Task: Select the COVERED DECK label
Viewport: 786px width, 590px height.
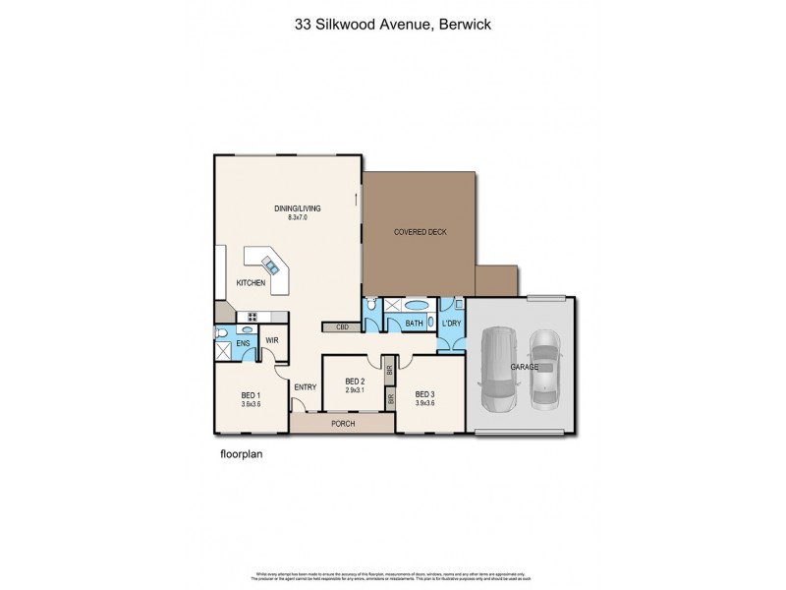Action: coord(420,231)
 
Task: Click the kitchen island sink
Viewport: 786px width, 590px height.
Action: coord(269,263)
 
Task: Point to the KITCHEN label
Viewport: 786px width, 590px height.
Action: coord(251,283)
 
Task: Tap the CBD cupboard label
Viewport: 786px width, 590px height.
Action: coord(343,326)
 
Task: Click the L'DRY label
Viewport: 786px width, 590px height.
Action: coord(451,324)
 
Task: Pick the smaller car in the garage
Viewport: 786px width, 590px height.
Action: coord(543,370)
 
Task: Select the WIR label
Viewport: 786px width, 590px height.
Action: coord(272,340)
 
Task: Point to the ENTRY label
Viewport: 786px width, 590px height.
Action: coord(305,386)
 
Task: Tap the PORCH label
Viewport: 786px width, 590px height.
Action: coord(343,425)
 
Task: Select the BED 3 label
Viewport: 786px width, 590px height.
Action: coord(424,393)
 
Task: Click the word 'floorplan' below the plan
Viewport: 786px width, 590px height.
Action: coord(242,455)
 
